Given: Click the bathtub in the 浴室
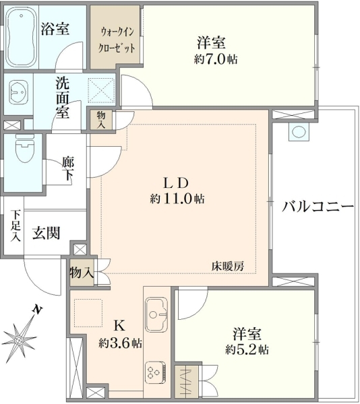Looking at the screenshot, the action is click(21, 38).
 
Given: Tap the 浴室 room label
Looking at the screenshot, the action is click(55, 29).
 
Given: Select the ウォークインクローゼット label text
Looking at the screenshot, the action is click(117, 40).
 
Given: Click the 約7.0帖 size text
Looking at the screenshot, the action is click(216, 59).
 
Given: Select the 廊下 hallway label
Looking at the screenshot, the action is click(68, 169).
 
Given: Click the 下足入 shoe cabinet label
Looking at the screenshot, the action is click(16, 226).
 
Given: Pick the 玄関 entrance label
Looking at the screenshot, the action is click(47, 233).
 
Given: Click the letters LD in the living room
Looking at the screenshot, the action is click(177, 182).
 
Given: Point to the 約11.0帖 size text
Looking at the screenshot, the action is click(177, 199).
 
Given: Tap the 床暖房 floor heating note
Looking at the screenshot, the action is click(228, 267).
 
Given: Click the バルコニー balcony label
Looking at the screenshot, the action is click(318, 207).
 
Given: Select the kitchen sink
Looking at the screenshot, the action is click(156, 314).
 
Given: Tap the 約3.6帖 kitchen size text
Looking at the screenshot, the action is click(120, 343).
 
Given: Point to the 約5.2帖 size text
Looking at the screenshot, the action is click(247, 349).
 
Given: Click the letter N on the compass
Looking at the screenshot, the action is click(38, 310).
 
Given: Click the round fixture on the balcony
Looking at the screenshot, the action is click(299, 131).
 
